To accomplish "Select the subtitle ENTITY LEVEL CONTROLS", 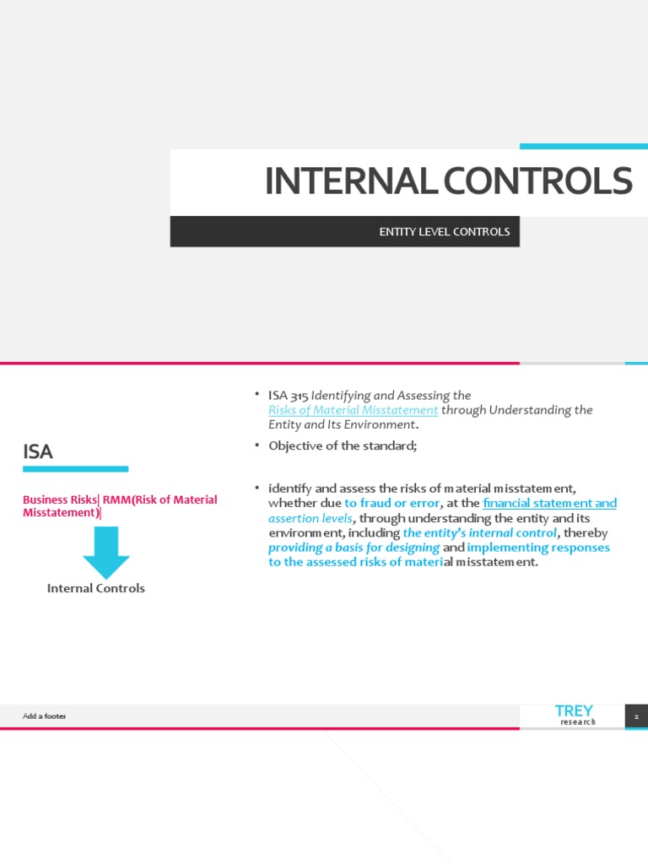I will [444, 231].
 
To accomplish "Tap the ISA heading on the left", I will [38, 451].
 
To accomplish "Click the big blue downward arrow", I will [106, 552].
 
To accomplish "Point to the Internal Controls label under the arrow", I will [96, 588].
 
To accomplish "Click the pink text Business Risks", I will [59, 499].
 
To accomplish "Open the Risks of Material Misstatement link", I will [353, 410].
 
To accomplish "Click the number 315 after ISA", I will [300, 395].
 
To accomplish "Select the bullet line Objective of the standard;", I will [343, 445].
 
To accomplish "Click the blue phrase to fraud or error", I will [391, 503].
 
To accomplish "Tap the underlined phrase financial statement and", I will [549, 503].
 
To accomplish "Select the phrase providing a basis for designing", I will [354, 548].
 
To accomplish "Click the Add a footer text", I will [44, 716].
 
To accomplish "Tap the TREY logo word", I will [573, 711].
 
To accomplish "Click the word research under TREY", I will [578, 722].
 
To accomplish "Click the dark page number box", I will [636, 716].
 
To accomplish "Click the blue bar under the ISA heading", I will [76, 468].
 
